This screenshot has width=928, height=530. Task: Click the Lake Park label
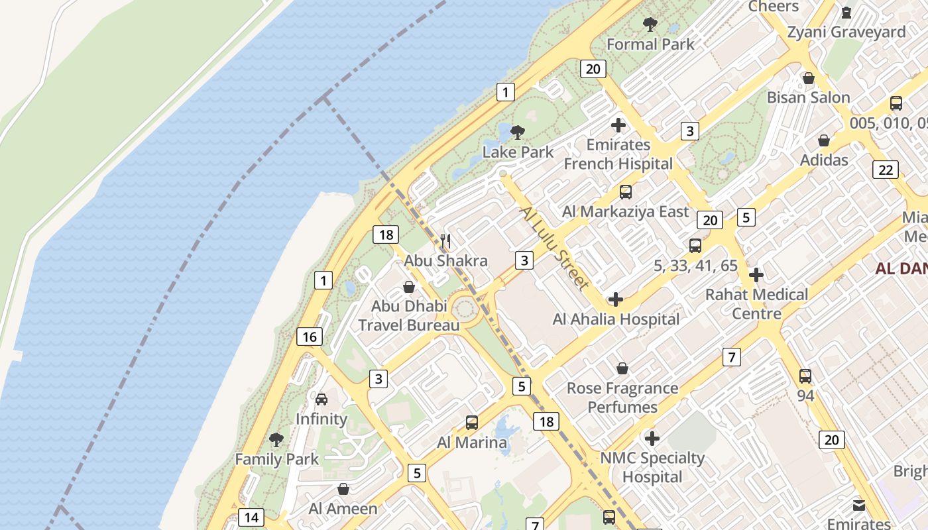(x=518, y=152)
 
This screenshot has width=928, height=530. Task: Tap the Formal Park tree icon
(x=650, y=25)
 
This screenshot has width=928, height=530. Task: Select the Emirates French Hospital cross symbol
(x=618, y=125)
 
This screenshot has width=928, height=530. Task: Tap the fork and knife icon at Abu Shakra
(x=445, y=241)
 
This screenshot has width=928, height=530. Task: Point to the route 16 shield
(x=310, y=337)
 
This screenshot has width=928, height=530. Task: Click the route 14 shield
(x=251, y=517)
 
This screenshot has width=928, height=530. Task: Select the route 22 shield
(x=886, y=170)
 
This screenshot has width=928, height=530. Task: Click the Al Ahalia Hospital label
(x=616, y=319)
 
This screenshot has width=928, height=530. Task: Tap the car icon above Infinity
(x=321, y=399)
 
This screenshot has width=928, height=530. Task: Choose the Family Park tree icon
(x=276, y=439)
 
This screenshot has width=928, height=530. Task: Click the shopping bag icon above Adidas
(x=824, y=140)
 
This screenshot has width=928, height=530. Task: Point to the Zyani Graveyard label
(x=846, y=32)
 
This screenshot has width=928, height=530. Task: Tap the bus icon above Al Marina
(x=472, y=422)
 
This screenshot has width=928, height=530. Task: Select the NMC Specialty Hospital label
(x=652, y=467)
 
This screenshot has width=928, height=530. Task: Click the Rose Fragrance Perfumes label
(x=622, y=397)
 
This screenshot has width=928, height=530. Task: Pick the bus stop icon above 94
(x=805, y=376)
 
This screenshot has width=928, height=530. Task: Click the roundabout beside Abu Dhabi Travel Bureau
(x=465, y=309)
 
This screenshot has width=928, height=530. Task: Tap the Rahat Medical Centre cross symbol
(x=756, y=275)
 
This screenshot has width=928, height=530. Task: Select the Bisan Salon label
(x=808, y=97)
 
